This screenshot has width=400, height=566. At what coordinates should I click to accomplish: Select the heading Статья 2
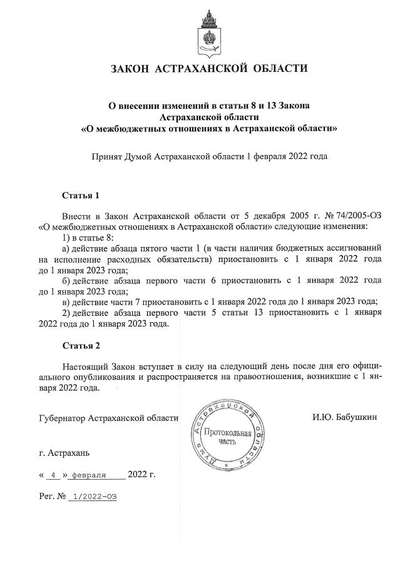81,345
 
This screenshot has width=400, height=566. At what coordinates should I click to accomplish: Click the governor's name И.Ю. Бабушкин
345,417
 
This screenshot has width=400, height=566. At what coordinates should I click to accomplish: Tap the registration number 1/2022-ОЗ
95,497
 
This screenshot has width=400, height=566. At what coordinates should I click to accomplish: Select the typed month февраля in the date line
89,474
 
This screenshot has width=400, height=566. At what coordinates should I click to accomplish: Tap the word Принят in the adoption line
108,156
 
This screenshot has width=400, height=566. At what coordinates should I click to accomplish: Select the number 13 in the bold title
270,104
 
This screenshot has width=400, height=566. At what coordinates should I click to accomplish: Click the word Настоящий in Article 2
85,365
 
